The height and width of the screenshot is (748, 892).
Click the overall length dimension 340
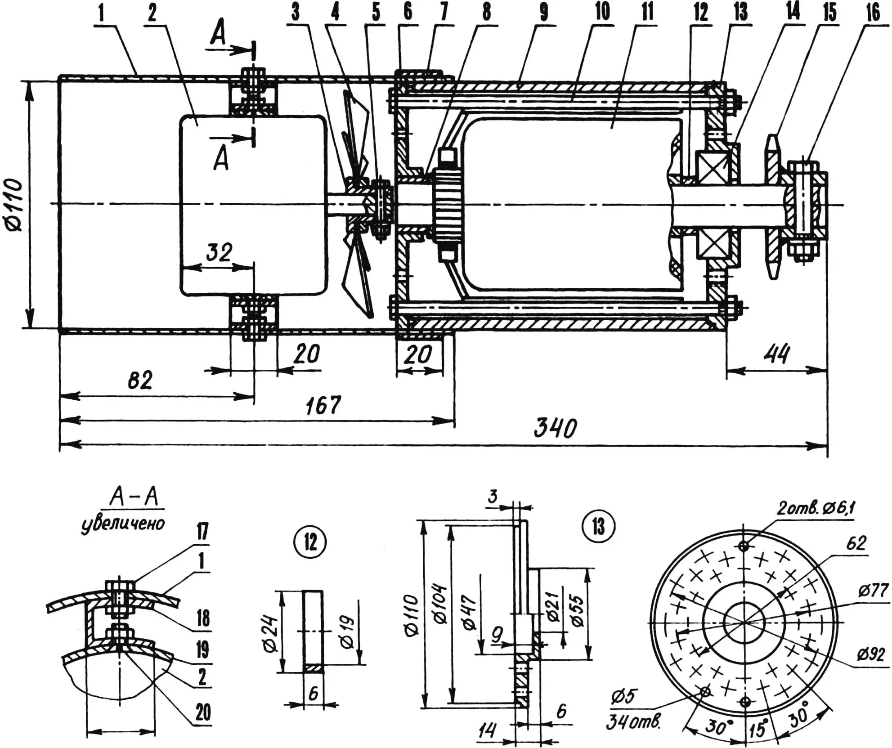click(x=554, y=428)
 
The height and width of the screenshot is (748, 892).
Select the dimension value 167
click(x=323, y=405)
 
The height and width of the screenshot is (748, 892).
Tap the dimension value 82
click(x=140, y=381)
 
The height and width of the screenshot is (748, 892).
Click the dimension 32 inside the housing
click(x=219, y=253)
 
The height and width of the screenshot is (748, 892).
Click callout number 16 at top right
click(x=873, y=13)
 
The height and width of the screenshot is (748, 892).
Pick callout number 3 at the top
click(x=295, y=13)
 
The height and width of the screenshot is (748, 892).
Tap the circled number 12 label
click(x=310, y=542)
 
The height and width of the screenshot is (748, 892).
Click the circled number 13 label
click(x=598, y=527)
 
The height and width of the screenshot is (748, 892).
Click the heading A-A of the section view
click(x=134, y=499)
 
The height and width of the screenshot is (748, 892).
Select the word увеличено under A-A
click(x=123, y=524)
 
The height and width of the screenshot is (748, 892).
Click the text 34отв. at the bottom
click(x=633, y=723)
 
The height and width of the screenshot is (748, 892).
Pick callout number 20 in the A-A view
click(x=203, y=712)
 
